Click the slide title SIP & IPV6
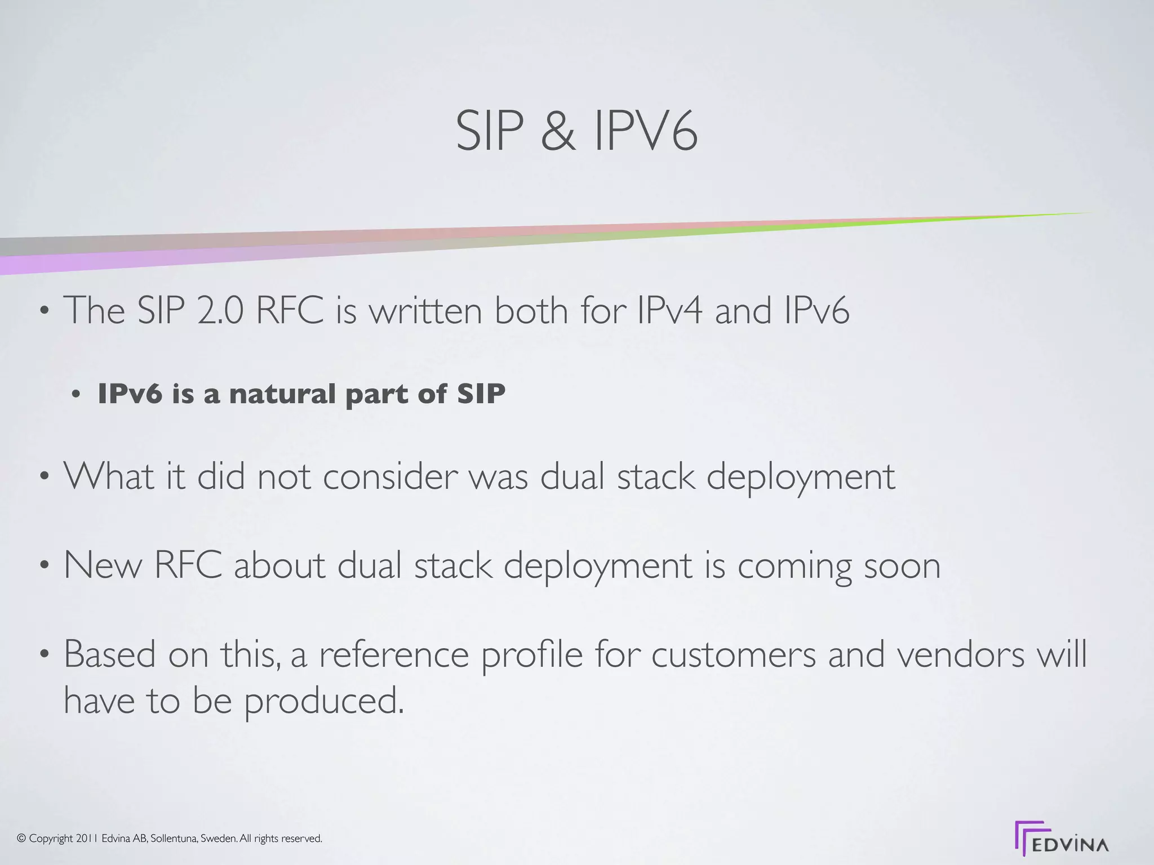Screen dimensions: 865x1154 coord(576,131)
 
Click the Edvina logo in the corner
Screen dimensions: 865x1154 coord(1062,839)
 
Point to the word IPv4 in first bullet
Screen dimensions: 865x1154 coord(669,310)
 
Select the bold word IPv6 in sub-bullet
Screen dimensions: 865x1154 coord(130,394)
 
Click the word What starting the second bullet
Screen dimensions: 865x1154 coord(109,476)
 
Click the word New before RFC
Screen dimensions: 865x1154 coord(103,565)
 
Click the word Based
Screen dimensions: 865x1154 coord(109,654)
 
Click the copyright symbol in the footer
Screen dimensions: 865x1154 coord(22,839)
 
